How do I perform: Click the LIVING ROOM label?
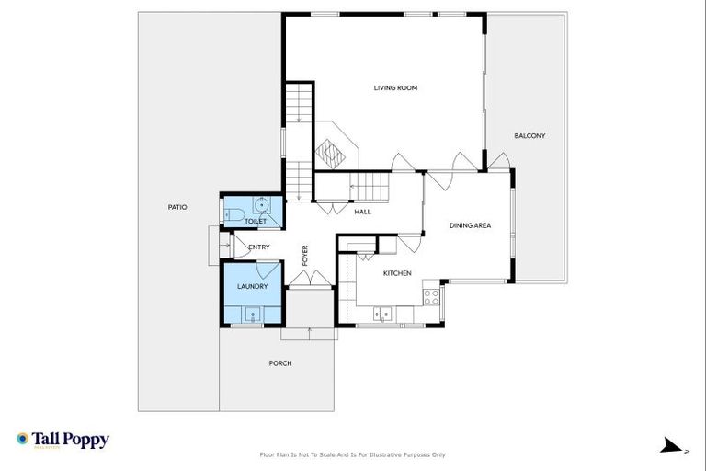click(x=395, y=88)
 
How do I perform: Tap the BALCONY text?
click(x=529, y=136)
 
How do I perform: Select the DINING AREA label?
click(x=470, y=225)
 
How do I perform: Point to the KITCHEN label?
click(x=397, y=273)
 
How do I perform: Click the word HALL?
click(x=362, y=212)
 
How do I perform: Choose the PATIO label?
click(x=177, y=207)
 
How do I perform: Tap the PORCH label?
click(x=280, y=363)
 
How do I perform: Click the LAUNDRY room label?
click(x=253, y=287)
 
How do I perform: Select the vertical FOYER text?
click(x=305, y=255)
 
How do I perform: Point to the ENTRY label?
click(x=259, y=247)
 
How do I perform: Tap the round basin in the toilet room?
click(x=262, y=205)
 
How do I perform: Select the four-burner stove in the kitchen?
click(x=430, y=296)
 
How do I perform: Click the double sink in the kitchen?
click(x=386, y=314)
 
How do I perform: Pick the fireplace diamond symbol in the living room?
click(x=328, y=149)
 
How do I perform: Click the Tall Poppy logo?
click(x=63, y=441)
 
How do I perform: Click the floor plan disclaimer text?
click(x=353, y=454)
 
